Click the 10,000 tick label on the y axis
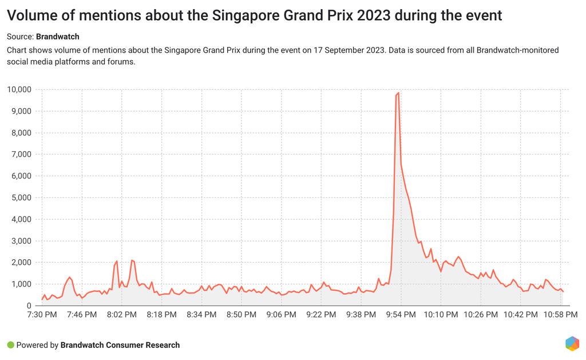click(20, 89)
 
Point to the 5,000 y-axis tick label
click(22, 197)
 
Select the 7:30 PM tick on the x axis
click(42, 315)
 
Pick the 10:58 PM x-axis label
click(560, 315)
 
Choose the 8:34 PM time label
click(201, 315)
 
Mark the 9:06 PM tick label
click(281, 315)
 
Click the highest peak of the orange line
click(398, 93)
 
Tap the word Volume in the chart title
click(34, 15)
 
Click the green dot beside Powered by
click(10, 345)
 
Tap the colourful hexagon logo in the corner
click(572, 343)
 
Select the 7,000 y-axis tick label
click(22, 155)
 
